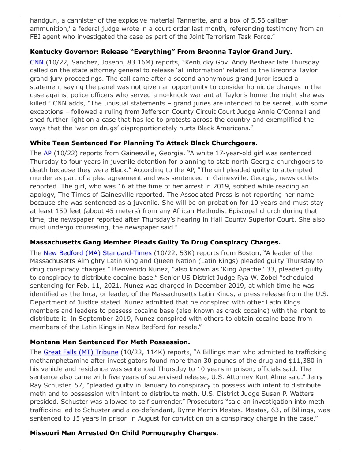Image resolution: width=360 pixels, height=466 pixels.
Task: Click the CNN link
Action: click(37, 62)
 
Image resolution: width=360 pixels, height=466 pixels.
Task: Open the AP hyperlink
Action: click(47, 153)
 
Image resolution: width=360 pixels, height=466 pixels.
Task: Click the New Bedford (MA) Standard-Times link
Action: click(97, 253)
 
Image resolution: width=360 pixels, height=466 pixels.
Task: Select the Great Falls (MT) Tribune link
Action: click(81, 352)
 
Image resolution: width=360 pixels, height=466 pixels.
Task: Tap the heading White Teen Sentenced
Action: click(143, 143)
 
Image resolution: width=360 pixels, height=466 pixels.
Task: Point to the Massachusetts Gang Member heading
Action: click(155, 242)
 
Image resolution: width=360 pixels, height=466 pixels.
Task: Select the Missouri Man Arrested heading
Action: click(124, 433)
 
